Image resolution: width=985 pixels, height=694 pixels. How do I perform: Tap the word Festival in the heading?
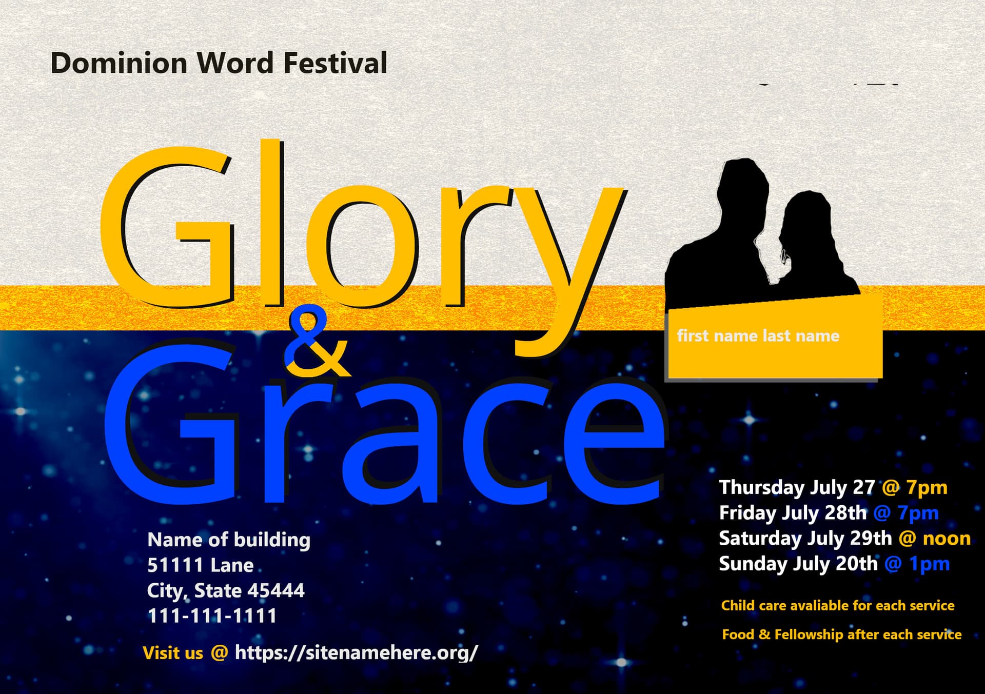click(x=336, y=64)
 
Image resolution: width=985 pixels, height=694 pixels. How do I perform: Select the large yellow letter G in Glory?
click(x=167, y=228)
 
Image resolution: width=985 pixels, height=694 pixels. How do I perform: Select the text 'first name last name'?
click(x=758, y=336)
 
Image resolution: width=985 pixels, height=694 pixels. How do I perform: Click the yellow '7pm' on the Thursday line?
click(x=927, y=487)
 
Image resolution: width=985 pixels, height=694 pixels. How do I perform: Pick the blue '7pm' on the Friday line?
click(x=918, y=513)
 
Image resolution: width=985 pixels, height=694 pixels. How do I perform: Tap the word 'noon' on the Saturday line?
click(x=947, y=539)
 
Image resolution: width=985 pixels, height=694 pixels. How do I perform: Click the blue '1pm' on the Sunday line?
click(x=930, y=564)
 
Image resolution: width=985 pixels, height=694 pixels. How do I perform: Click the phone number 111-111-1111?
click(x=212, y=616)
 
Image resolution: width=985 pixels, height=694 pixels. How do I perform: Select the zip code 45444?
click(x=276, y=590)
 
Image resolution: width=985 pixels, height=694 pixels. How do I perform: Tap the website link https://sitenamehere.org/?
click(x=357, y=652)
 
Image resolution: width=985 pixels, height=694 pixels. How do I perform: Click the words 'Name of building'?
click(x=229, y=540)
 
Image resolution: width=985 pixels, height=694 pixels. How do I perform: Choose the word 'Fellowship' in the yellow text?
click(x=809, y=634)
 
